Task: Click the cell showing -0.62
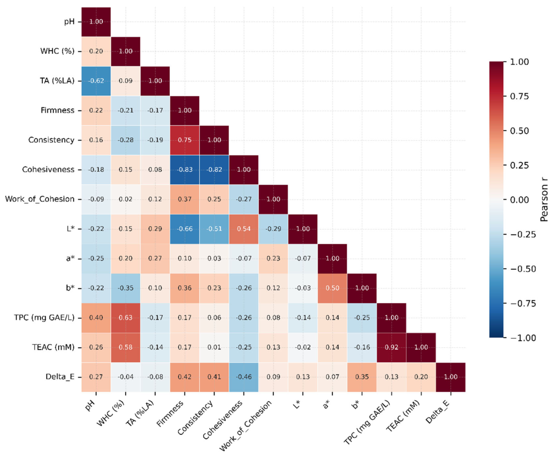[96, 81]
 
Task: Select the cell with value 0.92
[391, 347]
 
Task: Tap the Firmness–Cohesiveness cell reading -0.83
[185, 169]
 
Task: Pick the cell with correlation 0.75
[185, 140]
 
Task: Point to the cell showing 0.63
[126, 318]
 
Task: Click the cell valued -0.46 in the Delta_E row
[244, 377]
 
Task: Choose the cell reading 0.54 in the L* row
[244, 229]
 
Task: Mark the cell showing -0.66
[185, 229]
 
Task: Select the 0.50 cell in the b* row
[333, 288]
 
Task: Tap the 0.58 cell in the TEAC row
[126, 347]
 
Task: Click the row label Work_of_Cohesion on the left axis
[40, 199]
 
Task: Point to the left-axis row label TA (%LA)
[57, 81]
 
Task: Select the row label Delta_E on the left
[60, 377]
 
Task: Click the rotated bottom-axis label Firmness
[170, 414]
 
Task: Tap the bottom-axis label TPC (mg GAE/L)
[367, 422]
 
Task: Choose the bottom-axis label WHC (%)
[111, 414]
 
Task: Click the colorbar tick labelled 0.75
[519, 96]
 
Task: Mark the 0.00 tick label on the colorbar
[519, 200]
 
